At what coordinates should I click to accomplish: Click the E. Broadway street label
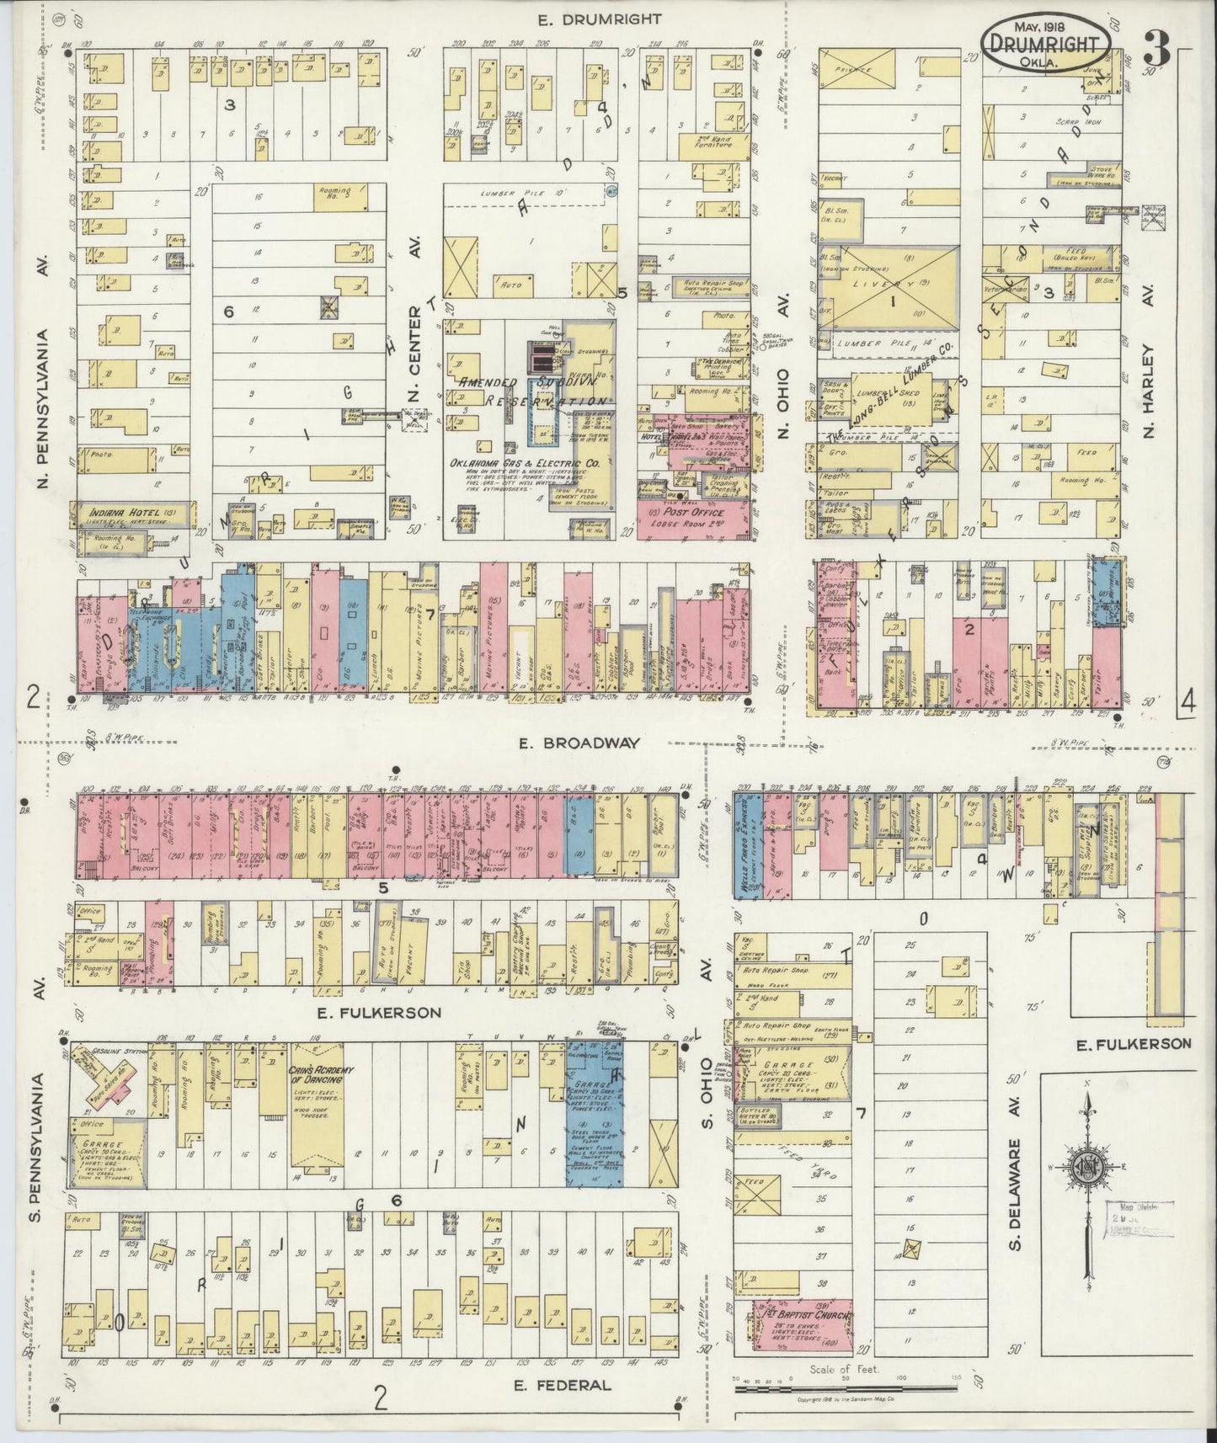click(x=580, y=743)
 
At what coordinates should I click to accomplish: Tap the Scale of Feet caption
click(x=845, y=1369)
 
